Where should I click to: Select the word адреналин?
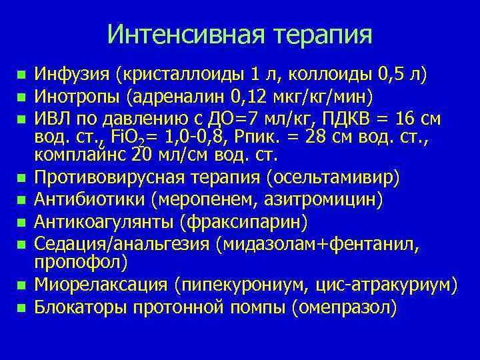(x=171, y=96)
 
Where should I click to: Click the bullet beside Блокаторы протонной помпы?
(x=21, y=308)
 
